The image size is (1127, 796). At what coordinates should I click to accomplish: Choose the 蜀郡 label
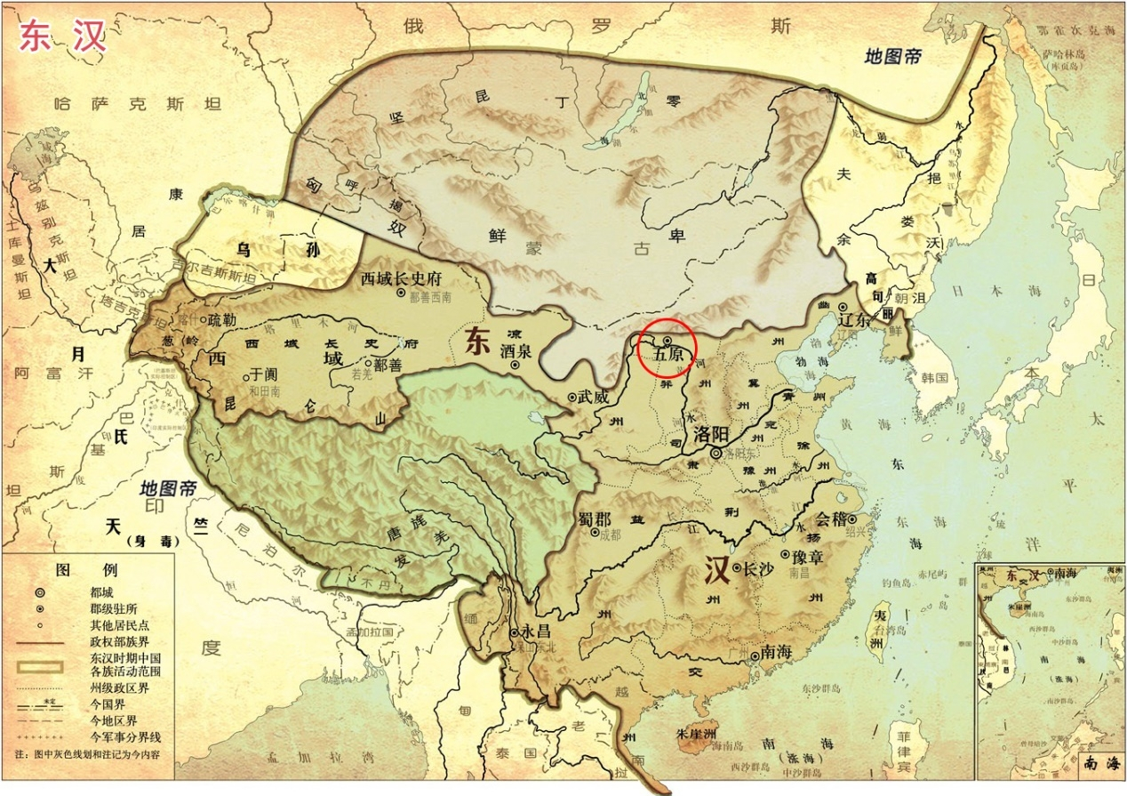[x=595, y=518]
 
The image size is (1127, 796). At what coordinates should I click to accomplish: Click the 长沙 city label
[x=759, y=567]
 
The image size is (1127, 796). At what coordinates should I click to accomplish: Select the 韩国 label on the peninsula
[x=934, y=378]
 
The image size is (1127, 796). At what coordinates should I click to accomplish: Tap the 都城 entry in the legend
[x=101, y=591]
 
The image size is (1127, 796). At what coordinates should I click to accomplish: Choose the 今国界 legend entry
[x=107, y=703]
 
